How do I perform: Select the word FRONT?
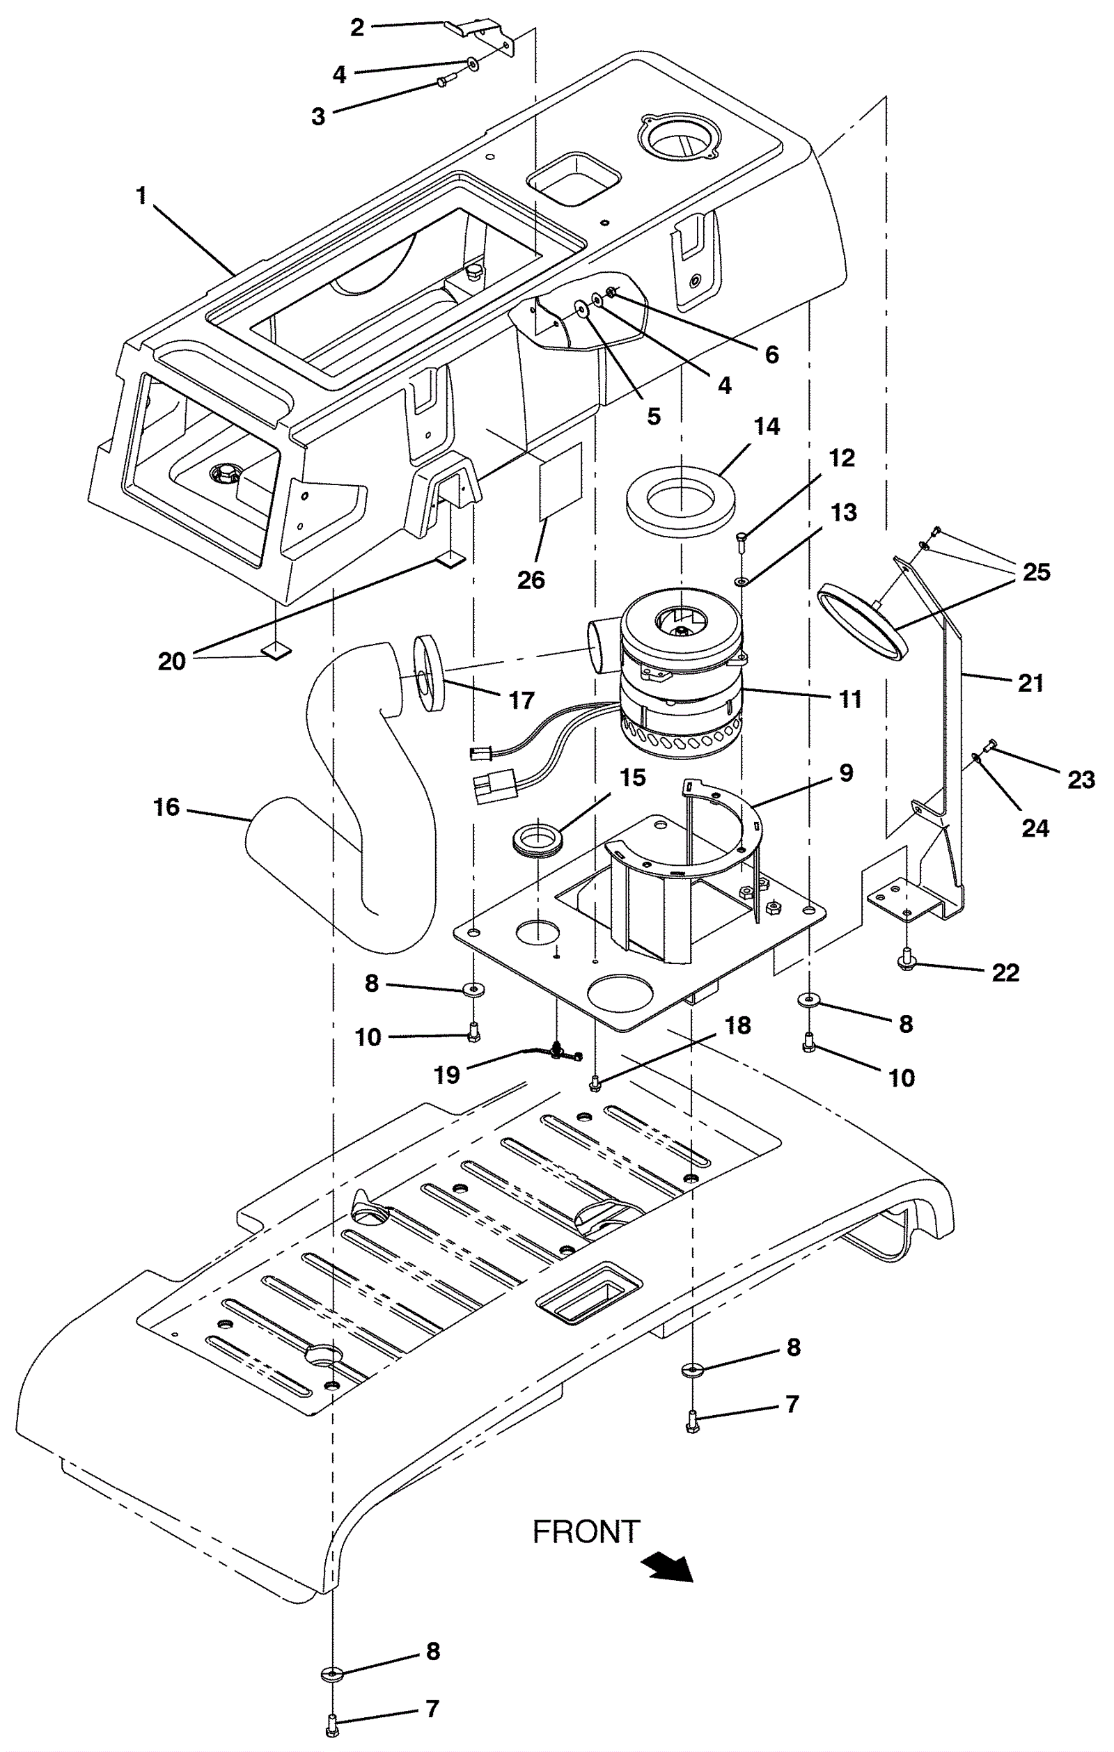(586, 1532)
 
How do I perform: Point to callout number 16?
(166, 807)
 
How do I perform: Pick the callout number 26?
(531, 580)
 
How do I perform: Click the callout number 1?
(141, 195)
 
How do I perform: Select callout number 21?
(1031, 684)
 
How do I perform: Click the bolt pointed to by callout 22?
(906, 960)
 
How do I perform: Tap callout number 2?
(356, 28)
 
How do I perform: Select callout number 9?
(845, 773)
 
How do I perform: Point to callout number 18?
(738, 1025)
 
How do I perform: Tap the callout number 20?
(172, 661)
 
